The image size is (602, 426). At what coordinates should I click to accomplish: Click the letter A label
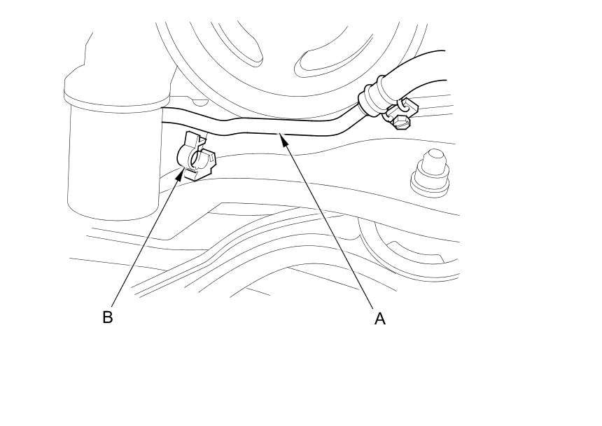[380, 319]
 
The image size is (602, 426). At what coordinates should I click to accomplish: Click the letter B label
[107, 317]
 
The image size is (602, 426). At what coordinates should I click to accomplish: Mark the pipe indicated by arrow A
[266, 126]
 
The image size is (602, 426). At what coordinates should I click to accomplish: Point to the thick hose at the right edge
[420, 70]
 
